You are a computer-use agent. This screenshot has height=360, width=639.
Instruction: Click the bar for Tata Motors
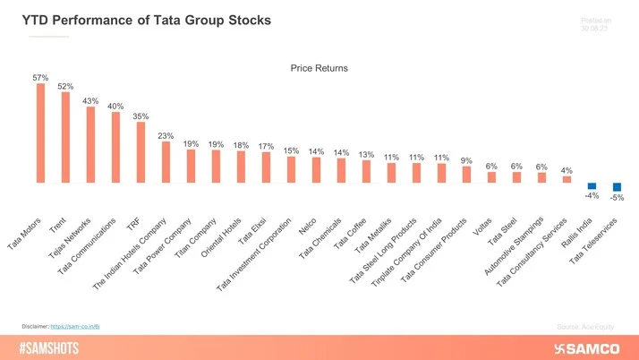pyautogui.click(x=40, y=133)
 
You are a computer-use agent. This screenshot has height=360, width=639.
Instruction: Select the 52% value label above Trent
pyautogui.click(x=65, y=86)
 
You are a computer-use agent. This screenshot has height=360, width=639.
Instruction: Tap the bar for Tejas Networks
pyautogui.click(x=90, y=145)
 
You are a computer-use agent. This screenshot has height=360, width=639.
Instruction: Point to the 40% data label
pyautogui.click(x=115, y=107)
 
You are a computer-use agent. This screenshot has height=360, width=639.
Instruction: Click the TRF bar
pyautogui.click(x=141, y=152)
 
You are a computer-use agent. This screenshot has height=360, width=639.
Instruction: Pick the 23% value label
pyautogui.click(x=166, y=135)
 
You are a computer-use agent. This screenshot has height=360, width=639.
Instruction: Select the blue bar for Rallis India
pyautogui.click(x=592, y=185)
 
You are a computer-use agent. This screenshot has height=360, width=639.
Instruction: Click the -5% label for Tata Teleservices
pyautogui.click(x=617, y=197)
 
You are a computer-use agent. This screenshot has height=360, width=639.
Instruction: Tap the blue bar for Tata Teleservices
pyautogui.click(x=617, y=186)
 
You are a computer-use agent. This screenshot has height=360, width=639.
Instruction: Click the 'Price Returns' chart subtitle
pyautogui.click(x=319, y=67)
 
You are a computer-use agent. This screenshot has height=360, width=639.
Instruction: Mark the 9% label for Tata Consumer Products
pyautogui.click(x=466, y=160)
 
